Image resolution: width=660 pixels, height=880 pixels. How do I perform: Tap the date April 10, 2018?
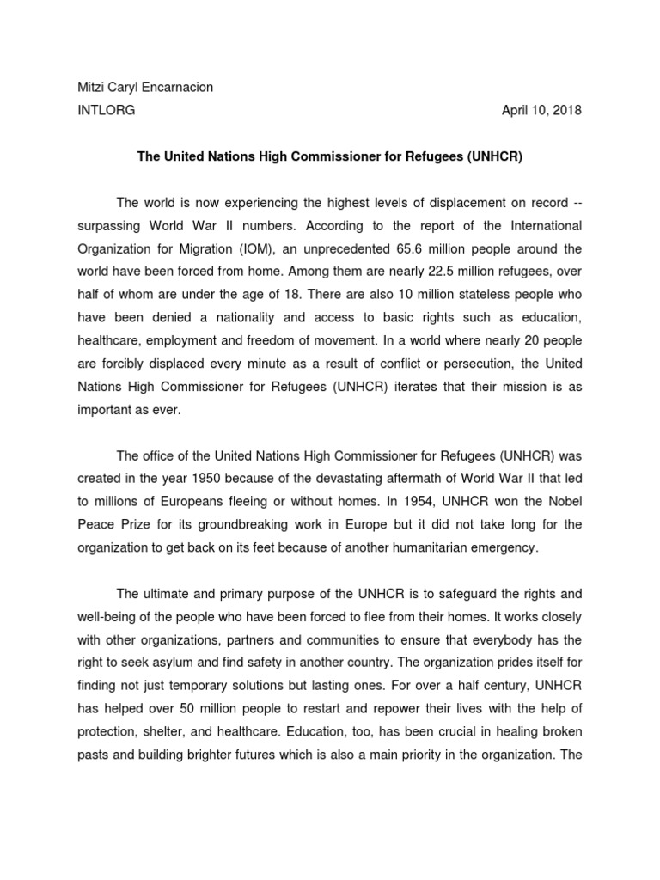pyautogui.click(x=541, y=110)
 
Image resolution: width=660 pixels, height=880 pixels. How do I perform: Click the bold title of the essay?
pyautogui.click(x=329, y=157)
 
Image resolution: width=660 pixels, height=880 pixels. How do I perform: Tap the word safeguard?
pyautogui.click(x=467, y=595)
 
